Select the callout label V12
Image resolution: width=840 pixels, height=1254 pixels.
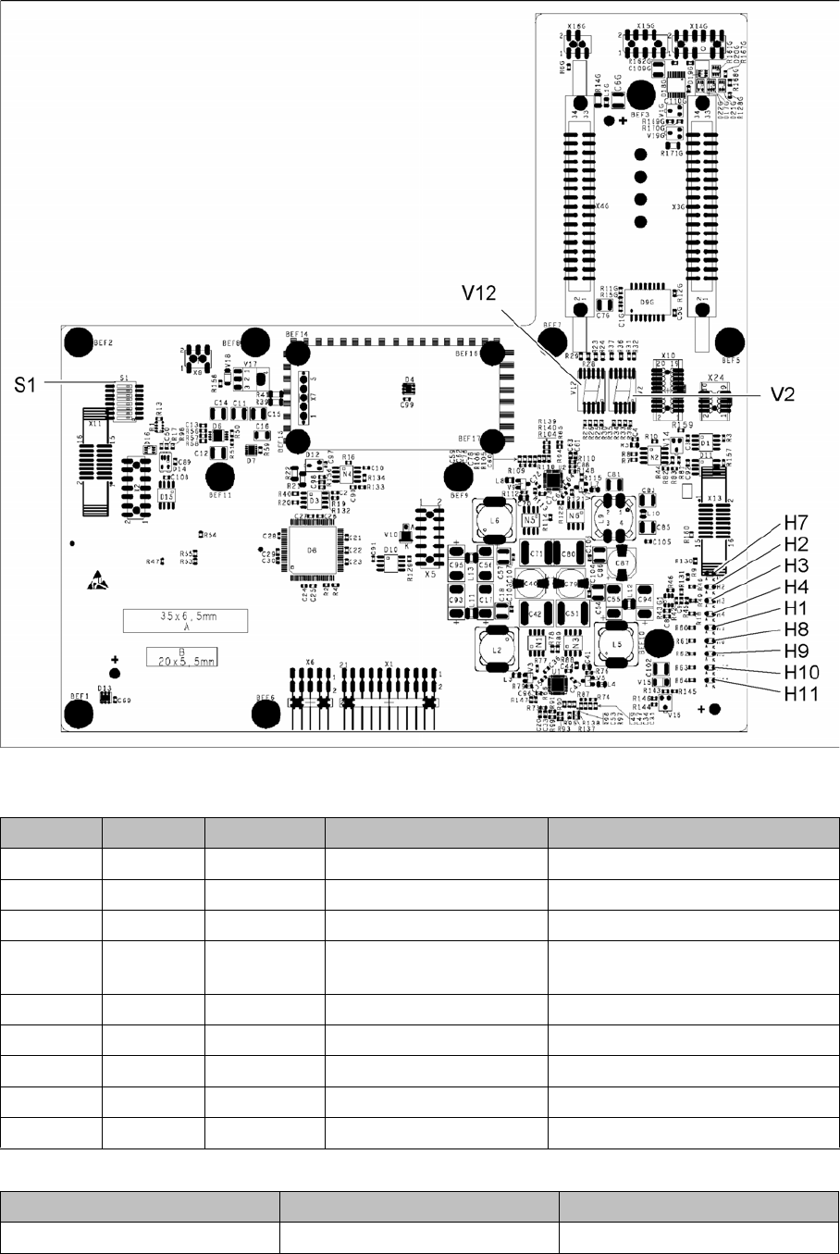point(481,293)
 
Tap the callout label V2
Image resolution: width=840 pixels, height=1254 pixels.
point(784,393)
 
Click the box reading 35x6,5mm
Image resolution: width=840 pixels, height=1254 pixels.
point(186,621)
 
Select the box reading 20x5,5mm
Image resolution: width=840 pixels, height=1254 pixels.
point(181,656)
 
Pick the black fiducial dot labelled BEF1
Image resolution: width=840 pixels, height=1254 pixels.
point(79,712)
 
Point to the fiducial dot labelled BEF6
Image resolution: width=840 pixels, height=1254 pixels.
point(266,712)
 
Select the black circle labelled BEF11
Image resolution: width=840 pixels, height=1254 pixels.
point(219,478)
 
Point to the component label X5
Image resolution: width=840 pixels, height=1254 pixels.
point(430,574)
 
